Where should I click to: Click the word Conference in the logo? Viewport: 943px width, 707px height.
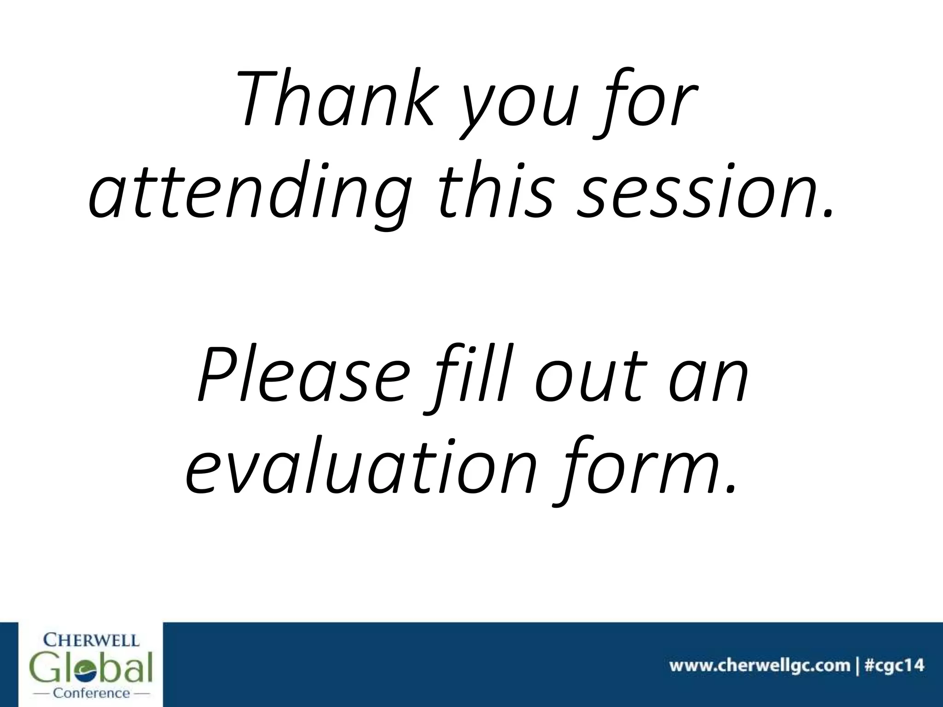pyautogui.click(x=92, y=693)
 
